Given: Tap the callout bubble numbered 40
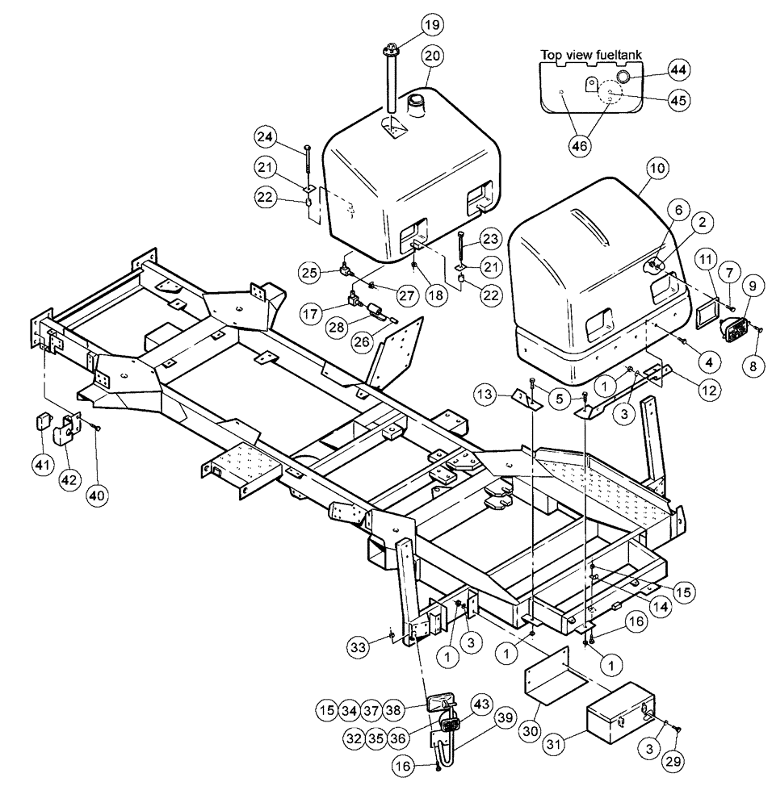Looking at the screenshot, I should pos(99,470).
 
